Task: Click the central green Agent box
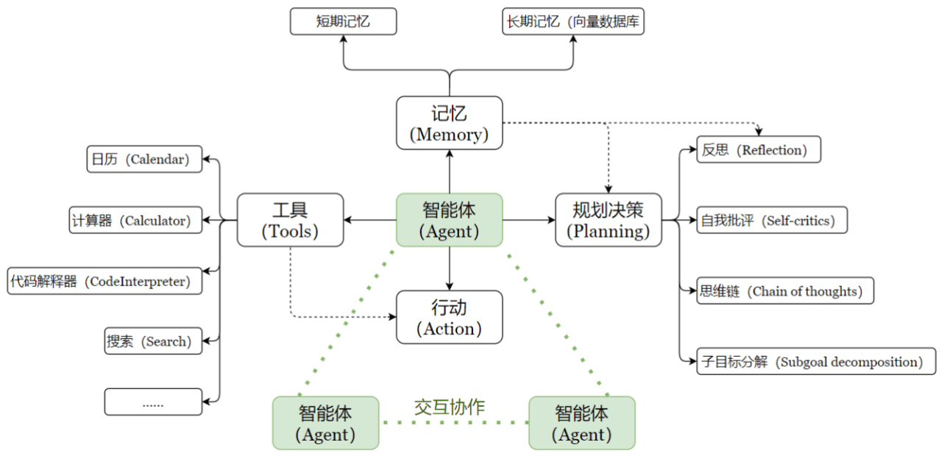(449, 219)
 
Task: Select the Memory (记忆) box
(449, 123)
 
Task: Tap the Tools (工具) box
(290, 219)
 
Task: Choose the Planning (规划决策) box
(608, 219)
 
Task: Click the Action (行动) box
(449, 317)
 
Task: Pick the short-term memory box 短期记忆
(343, 21)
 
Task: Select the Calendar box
(144, 159)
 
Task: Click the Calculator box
(135, 220)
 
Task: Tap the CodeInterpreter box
(104, 281)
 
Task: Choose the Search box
(153, 341)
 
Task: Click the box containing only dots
(153, 402)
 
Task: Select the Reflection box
(758, 150)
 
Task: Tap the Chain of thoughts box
(784, 291)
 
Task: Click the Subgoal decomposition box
(815, 361)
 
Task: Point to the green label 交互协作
(449, 407)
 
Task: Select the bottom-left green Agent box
(325, 423)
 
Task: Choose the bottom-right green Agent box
(581, 423)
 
